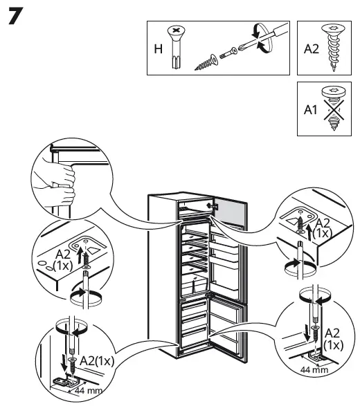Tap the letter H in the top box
[157, 50]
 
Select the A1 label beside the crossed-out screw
[309, 109]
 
